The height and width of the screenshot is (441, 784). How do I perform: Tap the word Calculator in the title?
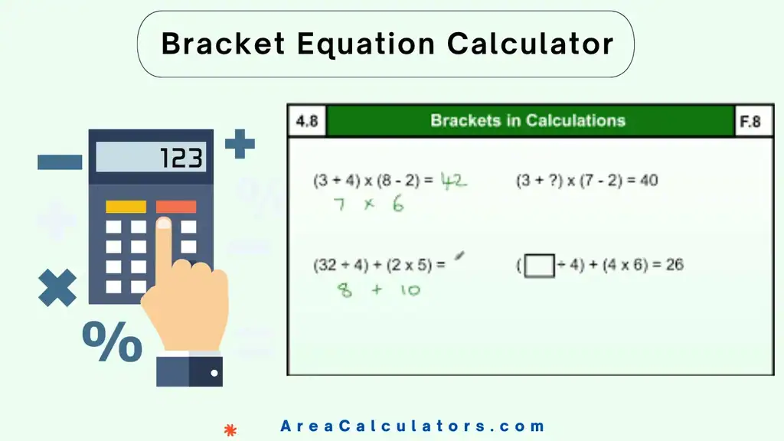coord(531,44)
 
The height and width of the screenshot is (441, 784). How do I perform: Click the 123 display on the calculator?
coord(151,158)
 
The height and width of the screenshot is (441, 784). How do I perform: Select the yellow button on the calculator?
coord(126,207)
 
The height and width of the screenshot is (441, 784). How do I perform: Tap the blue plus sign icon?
coord(240,144)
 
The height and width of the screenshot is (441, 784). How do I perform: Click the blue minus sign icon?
coord(60,162)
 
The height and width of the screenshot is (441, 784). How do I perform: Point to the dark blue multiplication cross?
coord(57,289)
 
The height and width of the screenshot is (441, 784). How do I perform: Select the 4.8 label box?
coord(307,121)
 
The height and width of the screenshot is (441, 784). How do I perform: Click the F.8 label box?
coord(750,121)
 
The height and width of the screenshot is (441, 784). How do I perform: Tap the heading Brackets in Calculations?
coord(528,120)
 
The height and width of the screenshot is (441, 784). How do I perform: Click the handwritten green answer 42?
coord(452,181)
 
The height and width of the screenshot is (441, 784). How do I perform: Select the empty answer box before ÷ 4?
coord(539,266)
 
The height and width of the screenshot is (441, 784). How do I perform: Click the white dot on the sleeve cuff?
coord(214,374)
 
